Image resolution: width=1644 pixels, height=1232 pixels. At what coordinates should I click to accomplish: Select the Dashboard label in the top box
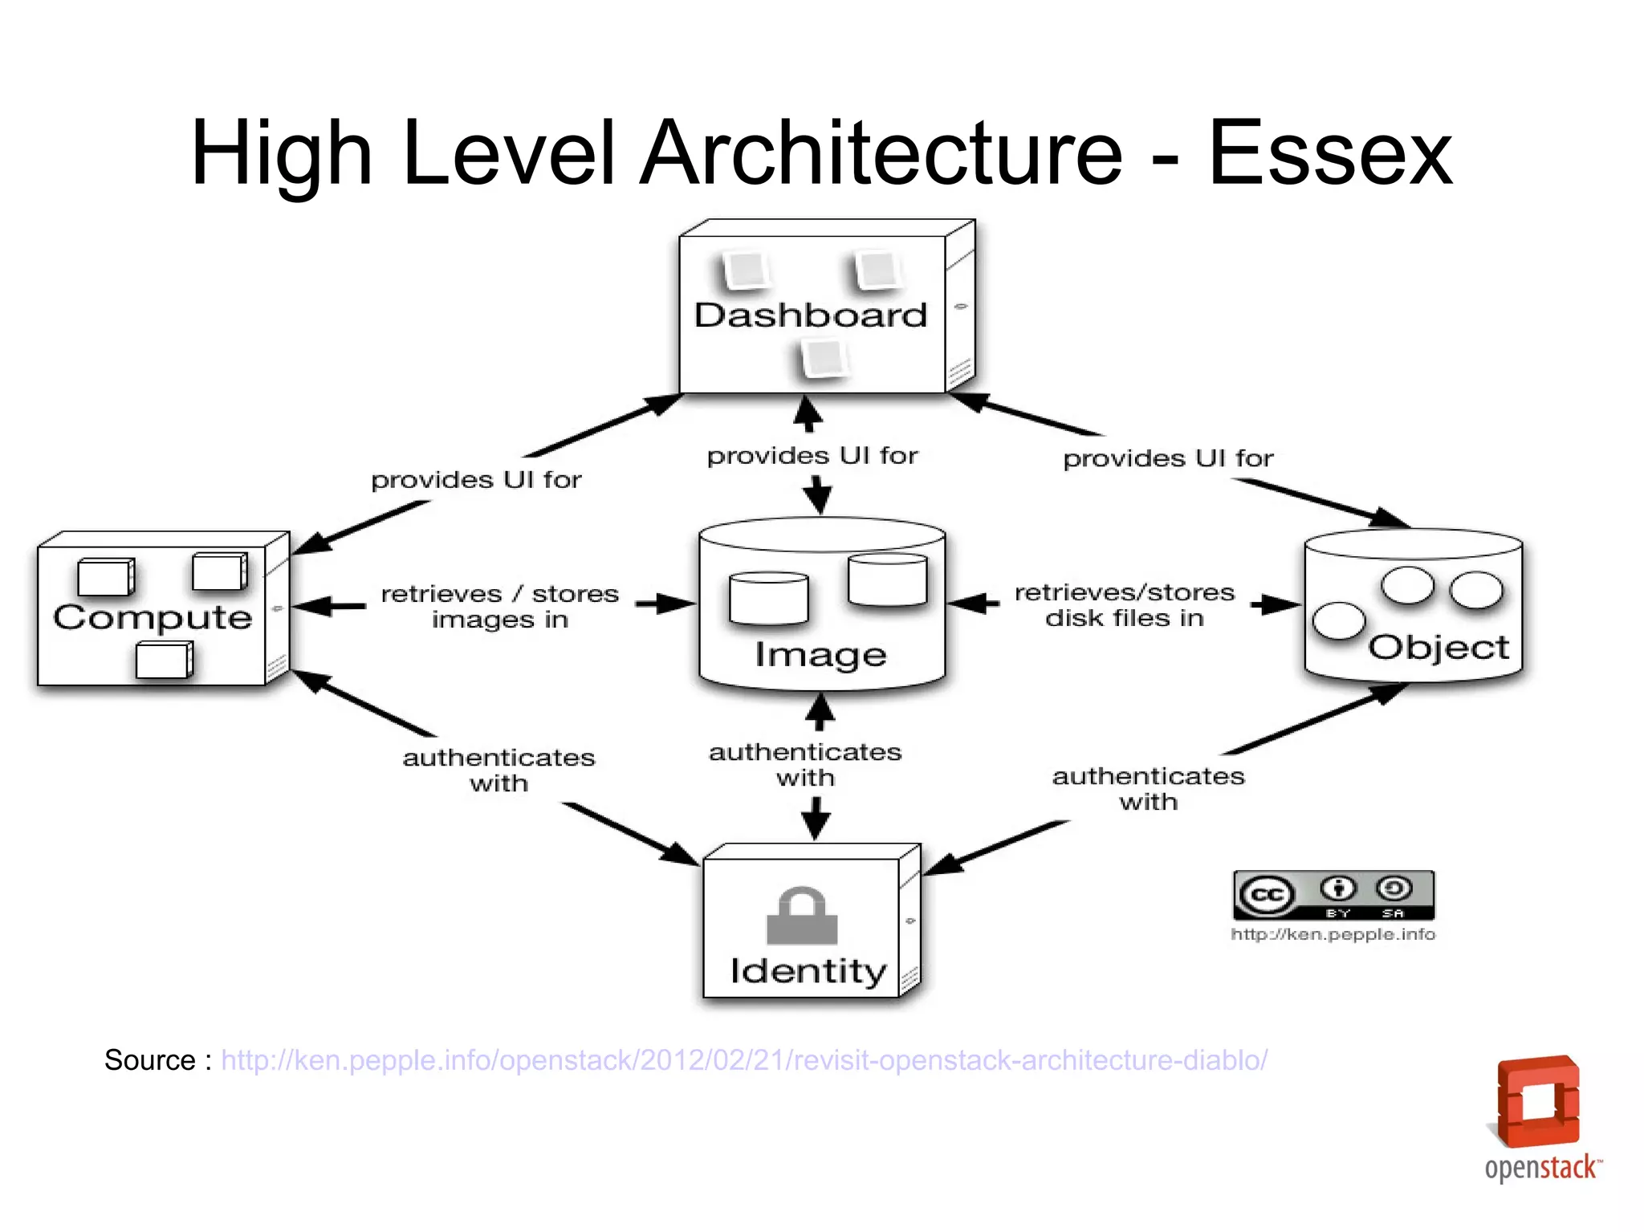point(811,315)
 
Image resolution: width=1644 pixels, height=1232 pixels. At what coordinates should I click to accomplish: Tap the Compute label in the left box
point(153,617)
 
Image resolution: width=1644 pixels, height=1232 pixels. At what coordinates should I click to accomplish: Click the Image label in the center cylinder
point(820,655)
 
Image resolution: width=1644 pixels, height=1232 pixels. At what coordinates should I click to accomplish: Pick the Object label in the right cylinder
point(1438,647)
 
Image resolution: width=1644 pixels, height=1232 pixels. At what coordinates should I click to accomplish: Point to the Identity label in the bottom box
point(808,971)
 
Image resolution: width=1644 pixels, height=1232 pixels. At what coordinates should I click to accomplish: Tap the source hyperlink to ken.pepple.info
point(744,1060)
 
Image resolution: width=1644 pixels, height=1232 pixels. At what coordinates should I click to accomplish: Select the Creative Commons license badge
point(1333,895)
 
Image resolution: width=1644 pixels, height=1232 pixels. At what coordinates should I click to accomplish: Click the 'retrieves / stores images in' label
point(499,607)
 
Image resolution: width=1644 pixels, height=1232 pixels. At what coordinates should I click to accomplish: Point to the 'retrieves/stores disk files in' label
point(1124,605)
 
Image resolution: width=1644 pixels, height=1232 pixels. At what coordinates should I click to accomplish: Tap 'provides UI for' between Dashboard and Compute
point(476,480)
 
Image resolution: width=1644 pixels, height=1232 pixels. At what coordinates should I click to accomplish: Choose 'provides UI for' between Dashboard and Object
point(1168,458)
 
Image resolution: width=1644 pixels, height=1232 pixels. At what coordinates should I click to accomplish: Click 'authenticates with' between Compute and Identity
point(498,771)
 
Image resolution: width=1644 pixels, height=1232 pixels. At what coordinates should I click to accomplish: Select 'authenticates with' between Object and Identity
point(1148,789)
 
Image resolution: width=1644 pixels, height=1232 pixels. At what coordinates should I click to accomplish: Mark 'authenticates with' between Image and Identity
point(805,765)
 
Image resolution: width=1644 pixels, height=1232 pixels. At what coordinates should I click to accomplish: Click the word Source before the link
point(150,1060)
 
